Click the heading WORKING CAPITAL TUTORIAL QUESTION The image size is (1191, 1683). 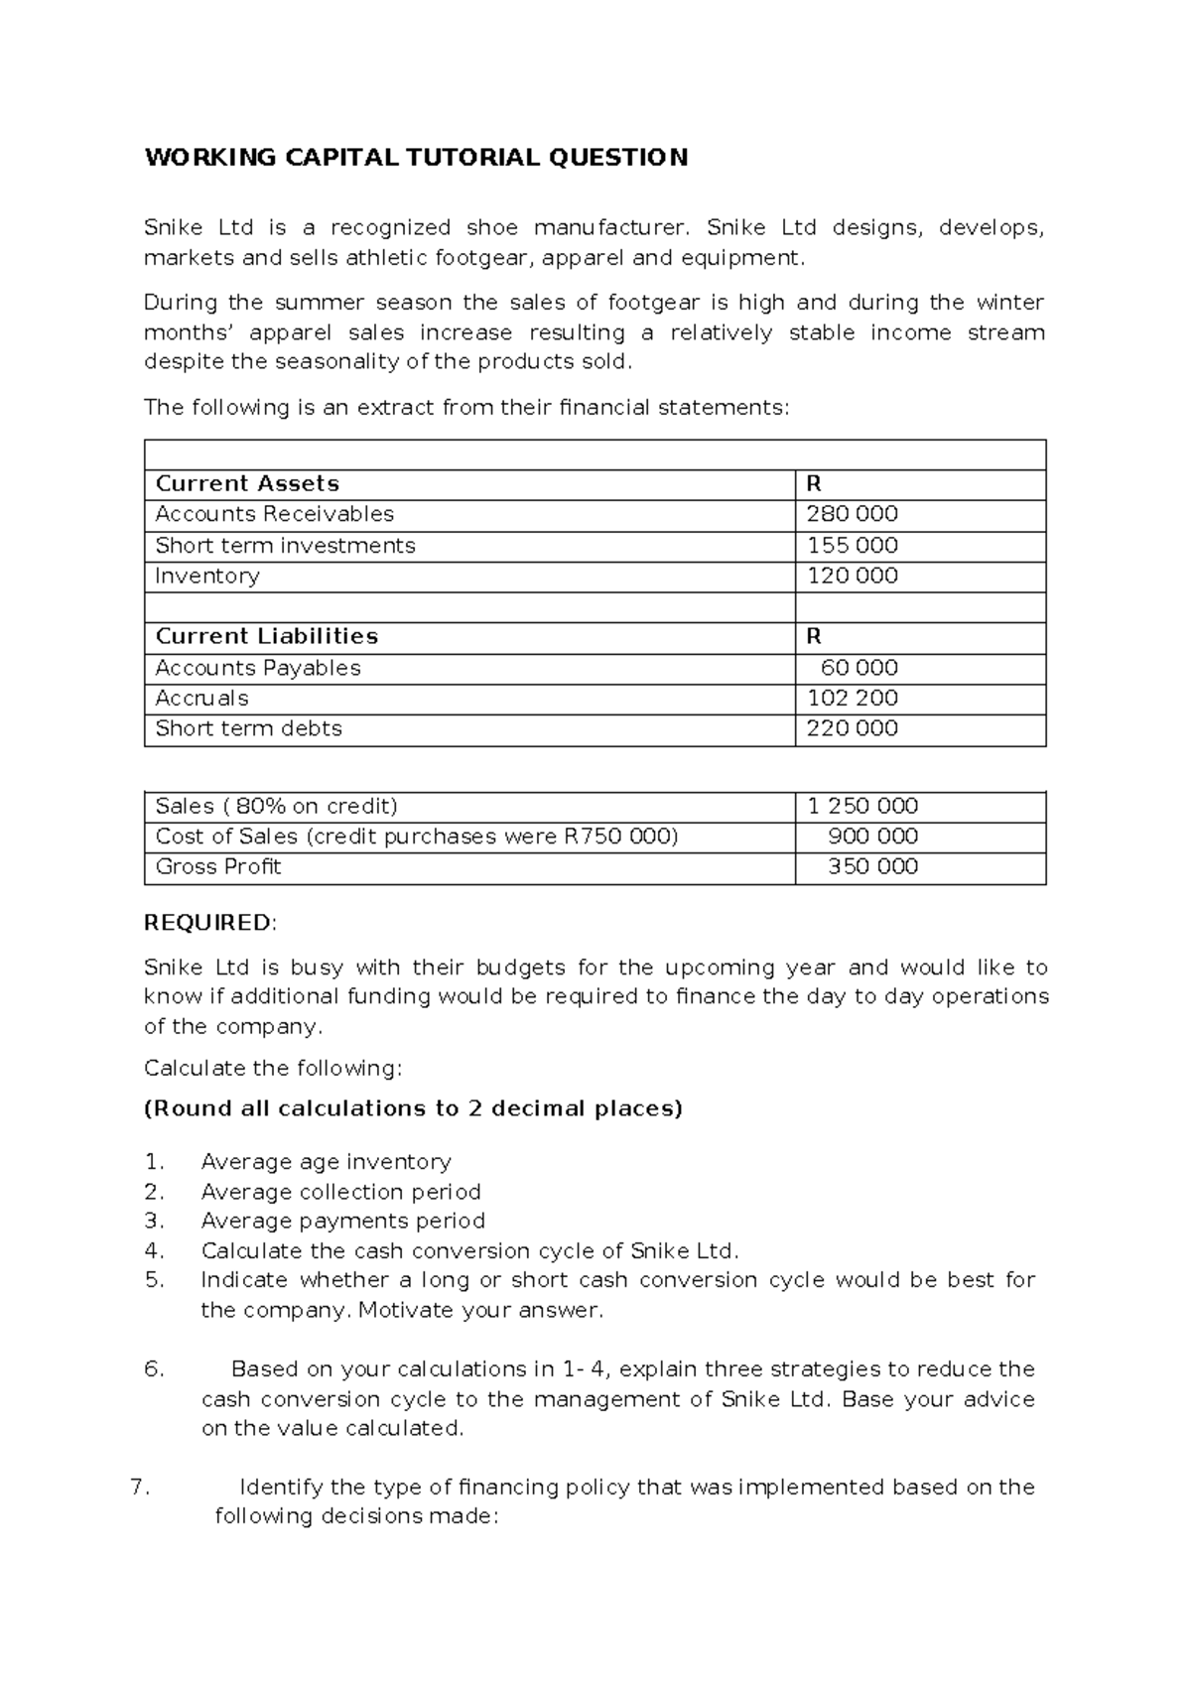pos(416,158)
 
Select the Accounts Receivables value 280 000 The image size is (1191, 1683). pos(852,514)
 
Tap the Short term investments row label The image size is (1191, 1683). pos(285,546)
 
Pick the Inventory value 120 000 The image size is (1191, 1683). pos(852,577)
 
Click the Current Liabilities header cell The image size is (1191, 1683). pos(267,636)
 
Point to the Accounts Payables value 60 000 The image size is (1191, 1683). pos(859,668)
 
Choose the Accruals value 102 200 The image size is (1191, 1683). pos(852,699)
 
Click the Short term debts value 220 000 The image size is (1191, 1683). pos(852,728)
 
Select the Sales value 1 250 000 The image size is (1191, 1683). pos(861,806)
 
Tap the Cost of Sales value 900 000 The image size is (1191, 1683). pos(872,837)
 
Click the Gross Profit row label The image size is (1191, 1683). pos(218,867)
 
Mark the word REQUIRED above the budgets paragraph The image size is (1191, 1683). pos(207,923)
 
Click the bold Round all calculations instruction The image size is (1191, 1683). pos(414,1108)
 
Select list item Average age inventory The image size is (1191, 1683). pos(326,1162)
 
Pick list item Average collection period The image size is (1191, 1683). pos(340,1192)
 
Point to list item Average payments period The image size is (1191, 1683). pos(342,1221)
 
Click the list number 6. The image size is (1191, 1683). pos(153,1369)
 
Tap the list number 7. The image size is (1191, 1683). pos(139,1488)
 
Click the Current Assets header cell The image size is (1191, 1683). pos(247,484)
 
